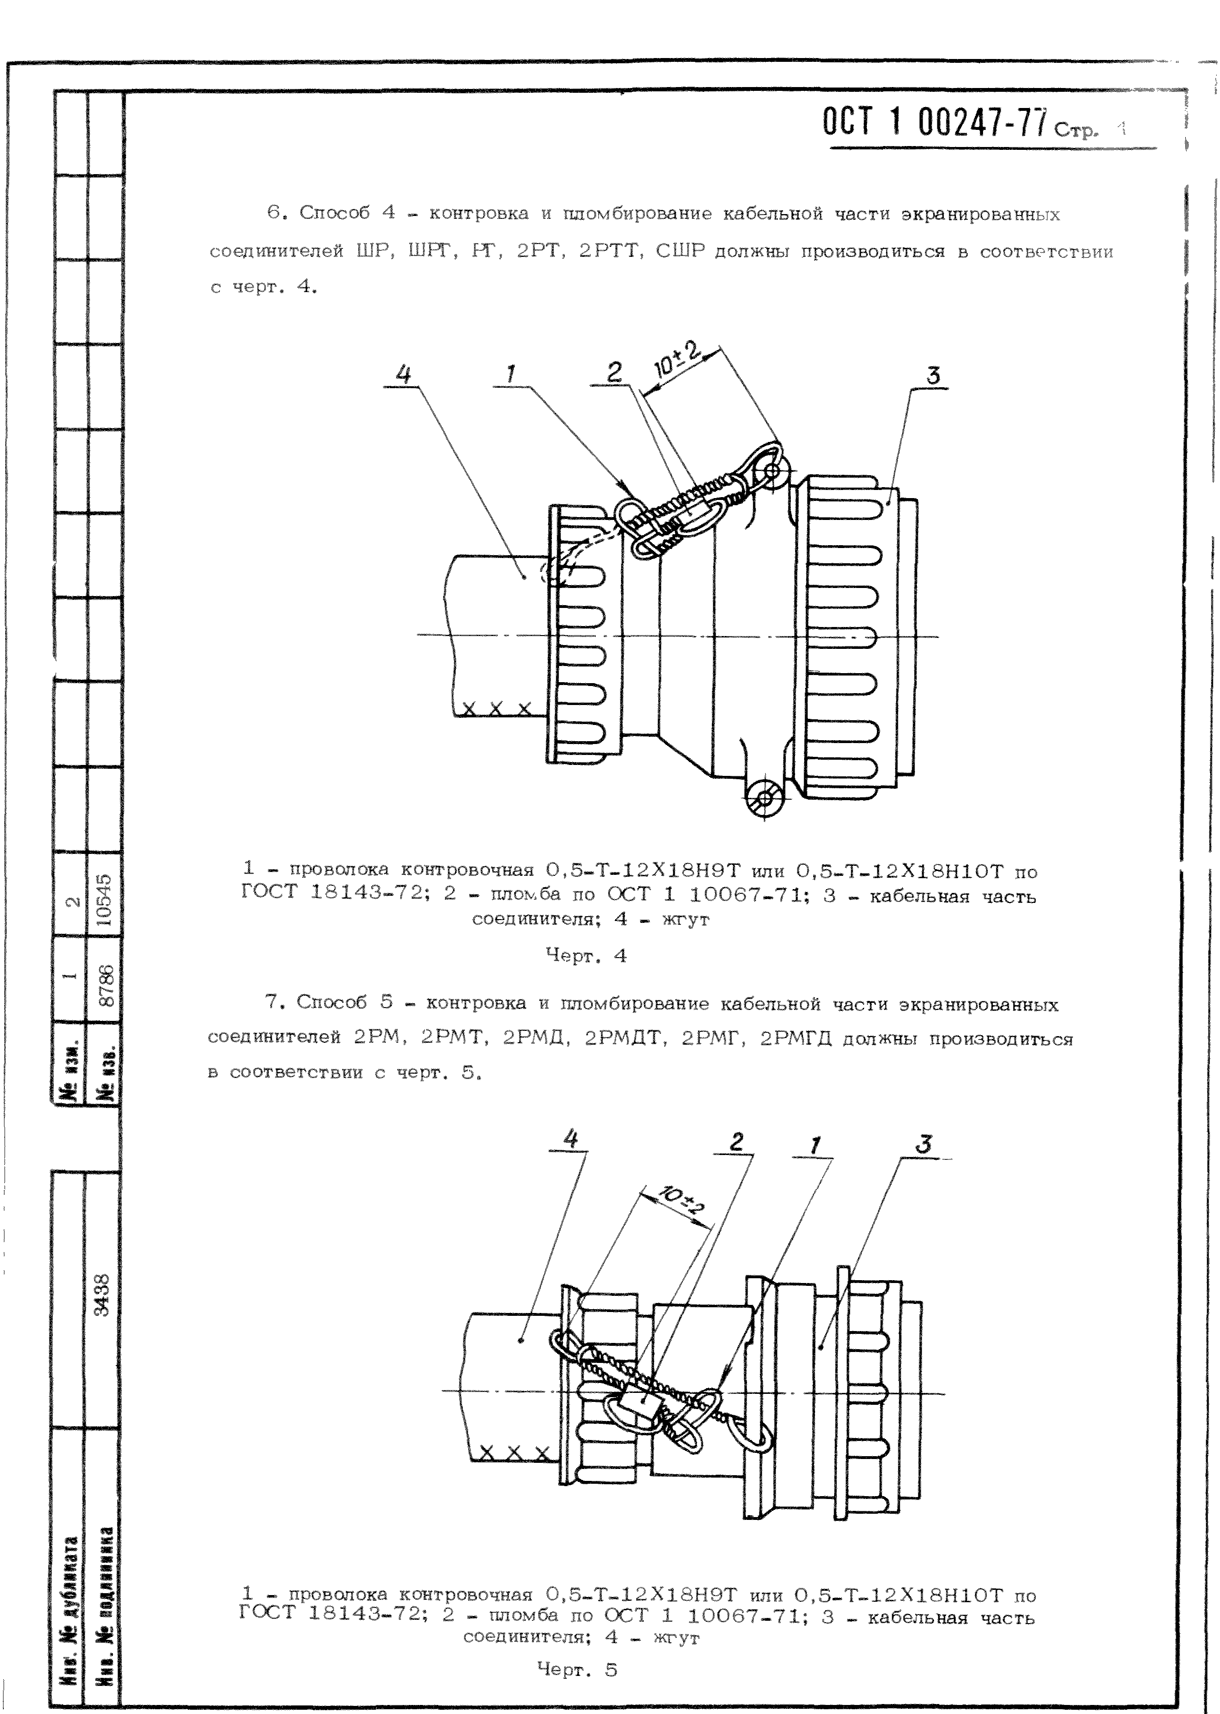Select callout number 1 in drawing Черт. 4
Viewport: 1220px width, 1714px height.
pyautogui.click(x=511, y=373)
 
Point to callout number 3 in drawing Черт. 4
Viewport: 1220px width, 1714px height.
pyautogui.click(x=933, y=375)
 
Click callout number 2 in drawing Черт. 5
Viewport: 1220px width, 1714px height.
pyautogui.click(x=736, y=1142)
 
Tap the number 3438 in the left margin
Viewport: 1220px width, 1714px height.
pyautogui.click(x=103, y=1295)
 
